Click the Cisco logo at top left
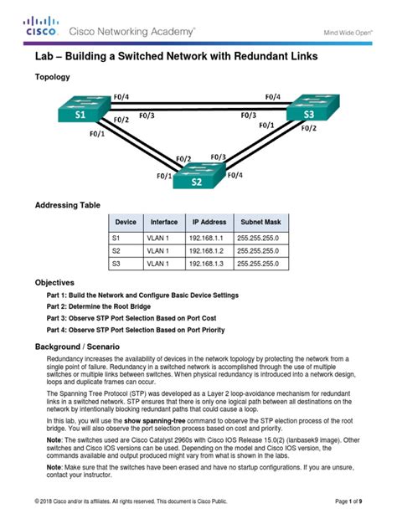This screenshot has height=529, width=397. (x=41, y=26)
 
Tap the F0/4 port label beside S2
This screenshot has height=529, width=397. (x=234, y=175)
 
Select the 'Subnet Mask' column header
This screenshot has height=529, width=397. (x=263, y=222)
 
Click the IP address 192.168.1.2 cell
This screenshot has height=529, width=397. (x=209, y=249)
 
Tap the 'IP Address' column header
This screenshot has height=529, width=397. (x=209, y=222)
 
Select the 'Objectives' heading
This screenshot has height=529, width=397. (x=54, y=283)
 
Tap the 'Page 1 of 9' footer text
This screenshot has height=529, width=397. (x=348, y=501)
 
